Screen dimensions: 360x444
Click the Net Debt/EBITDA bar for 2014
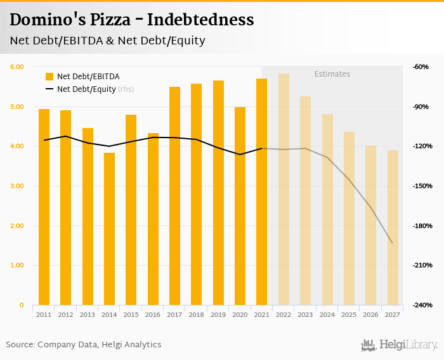pyautogui.click(x=110, y=228)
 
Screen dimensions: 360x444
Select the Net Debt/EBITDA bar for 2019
pyautogui.click(x=218, y=193)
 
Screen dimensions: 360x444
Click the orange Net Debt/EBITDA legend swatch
pyautogui.click(x=49, y=77)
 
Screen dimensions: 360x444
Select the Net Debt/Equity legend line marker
pyautogui.click(x=49, y=89)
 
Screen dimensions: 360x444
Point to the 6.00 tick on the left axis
pyautogui.click(x=17, y=67)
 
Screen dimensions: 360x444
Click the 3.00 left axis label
pyautogui.click(x=17, y=186)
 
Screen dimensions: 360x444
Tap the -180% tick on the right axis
pyautogui.click(x=421, y=226)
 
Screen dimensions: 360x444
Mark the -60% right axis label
pyautogui.click(x=421, y=67)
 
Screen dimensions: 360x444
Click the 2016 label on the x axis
pyautogui.click(x=153, y=314)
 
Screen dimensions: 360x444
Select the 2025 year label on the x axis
pyautogui.click(x=349, y=314)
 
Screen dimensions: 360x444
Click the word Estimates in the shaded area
pyautogui.click(x=332, y=74)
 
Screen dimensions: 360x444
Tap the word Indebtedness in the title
pyautogui.click(x=200, y=20)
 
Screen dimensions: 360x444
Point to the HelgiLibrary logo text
pyautogui.click(x=408, y=345)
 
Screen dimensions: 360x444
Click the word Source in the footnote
pyautogui.click(x=20, y=344)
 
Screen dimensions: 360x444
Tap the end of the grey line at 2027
pyautogui.click(x=393, y=243)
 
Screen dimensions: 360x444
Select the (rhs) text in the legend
pyautogui.click(x=126, y=89)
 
